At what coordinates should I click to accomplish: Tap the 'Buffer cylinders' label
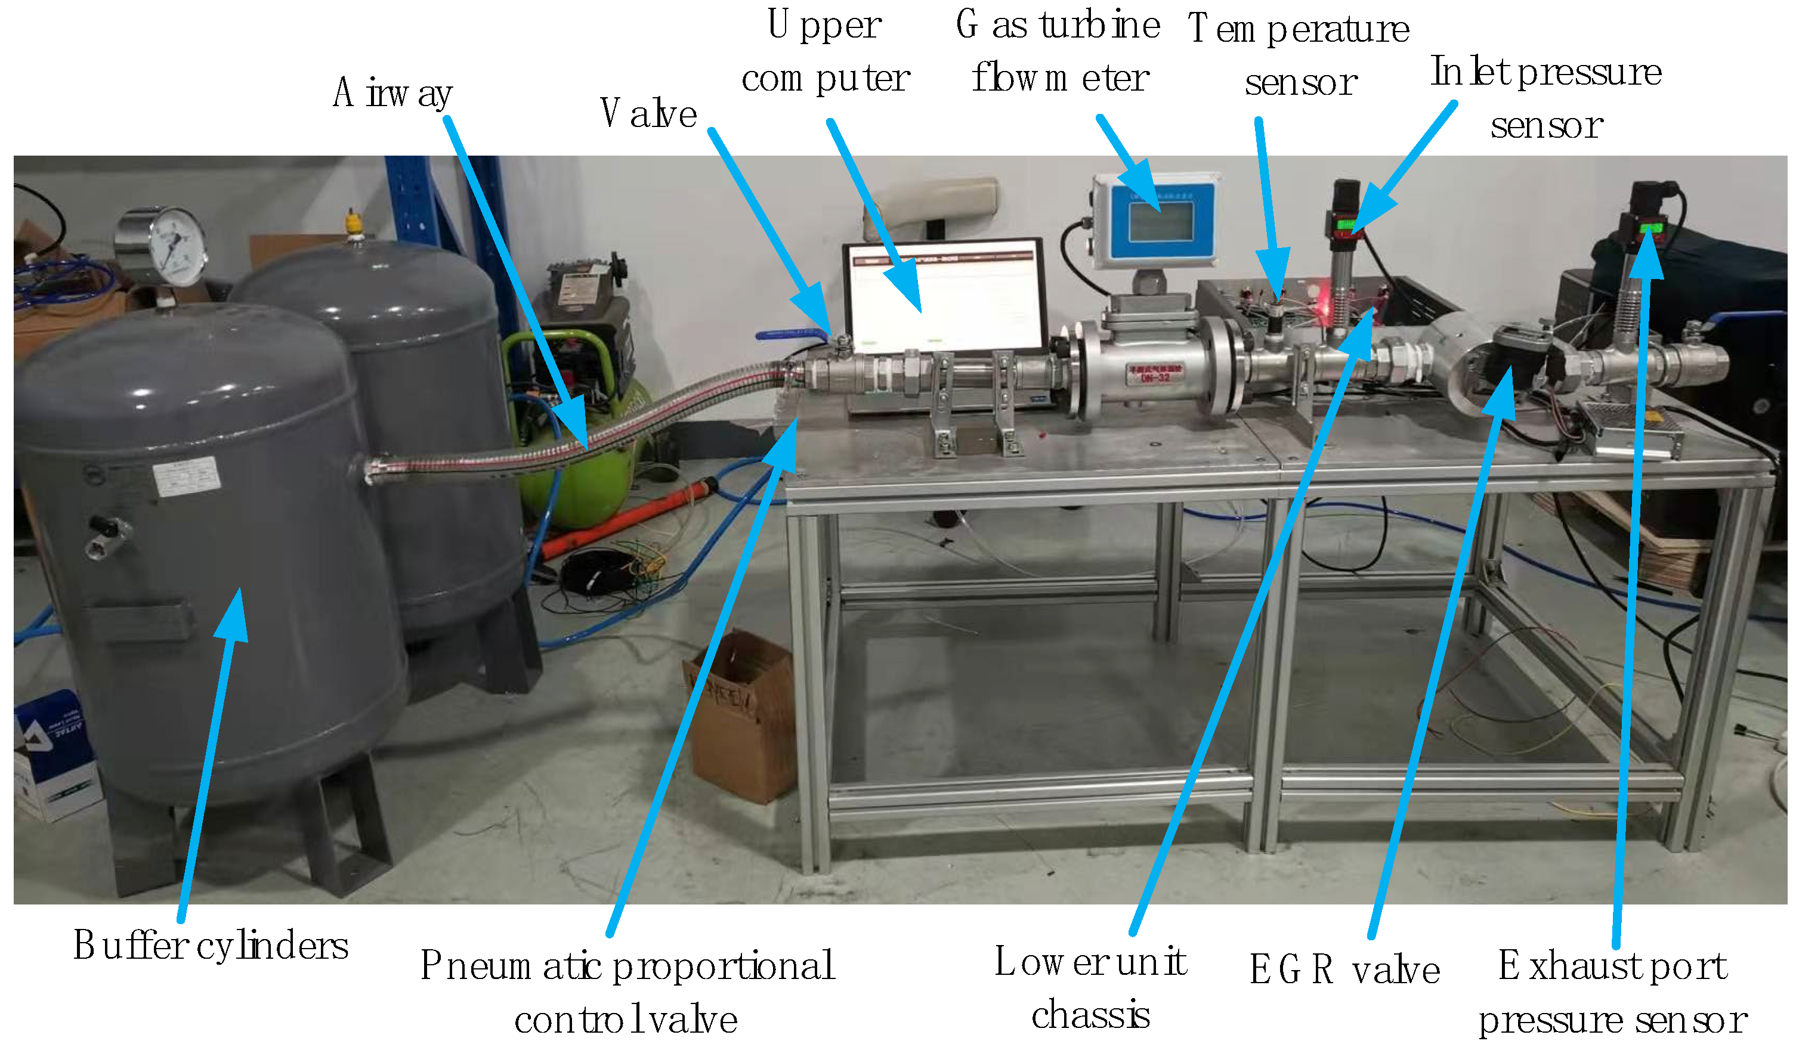coord(211,946)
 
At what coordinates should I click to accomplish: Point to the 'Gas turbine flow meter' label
coord(1059,51)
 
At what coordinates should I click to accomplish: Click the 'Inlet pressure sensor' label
coord(1546,98)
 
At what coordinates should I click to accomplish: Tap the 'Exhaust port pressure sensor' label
coord(1612,993)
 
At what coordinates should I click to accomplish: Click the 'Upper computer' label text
coord(826,51)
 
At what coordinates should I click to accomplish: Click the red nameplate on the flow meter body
coord(1155,372)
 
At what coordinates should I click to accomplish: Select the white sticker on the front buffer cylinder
coord(187,476)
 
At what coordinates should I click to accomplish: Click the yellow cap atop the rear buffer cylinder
coord(353,222)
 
